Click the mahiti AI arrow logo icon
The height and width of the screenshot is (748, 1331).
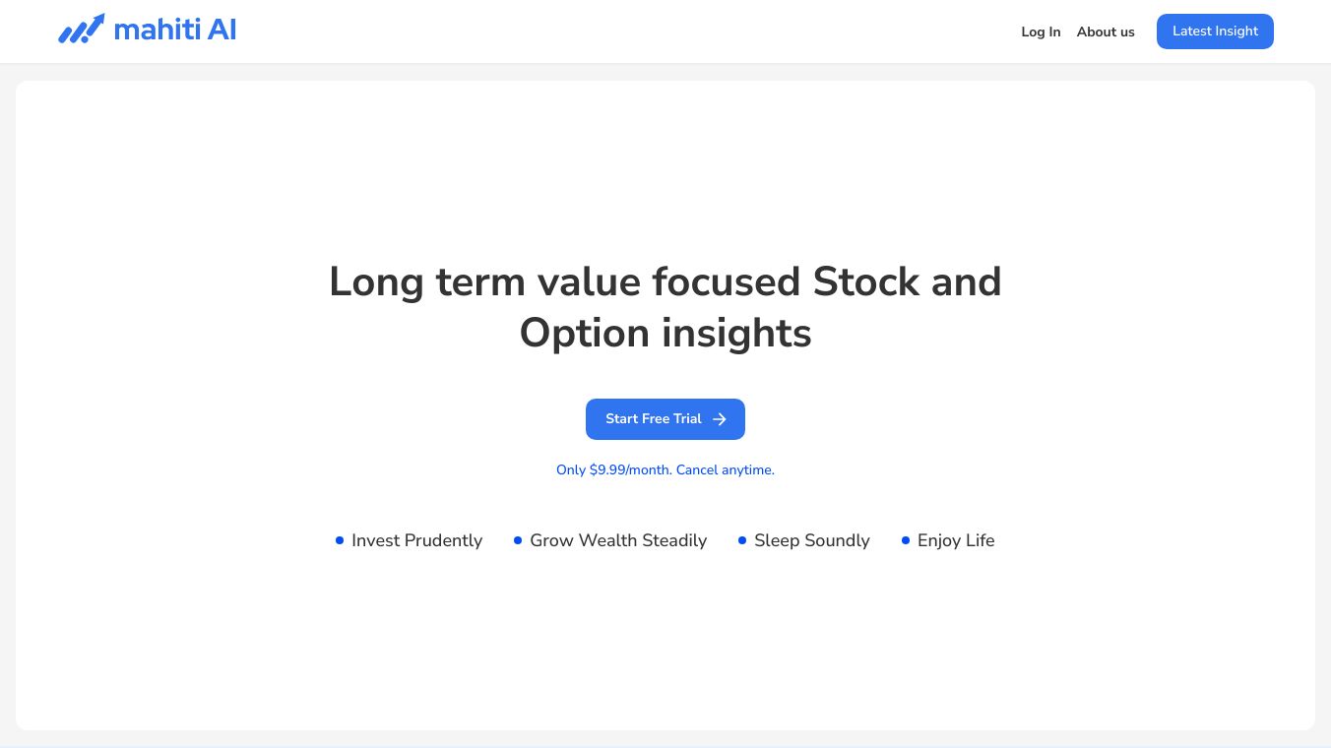[x=82, y=30]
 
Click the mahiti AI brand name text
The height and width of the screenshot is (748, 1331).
[x=174, y=30]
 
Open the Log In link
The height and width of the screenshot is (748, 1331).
[x=1041, y=32]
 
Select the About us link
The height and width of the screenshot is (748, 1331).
[x=1106, y=32]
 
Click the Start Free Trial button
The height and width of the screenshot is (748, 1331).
[x=665, y=419]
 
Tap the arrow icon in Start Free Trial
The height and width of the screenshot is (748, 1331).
[x=719, y=419]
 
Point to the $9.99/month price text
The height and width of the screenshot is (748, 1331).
[x=630, y=469]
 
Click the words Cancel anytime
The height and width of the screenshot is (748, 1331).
[x=725, y=469]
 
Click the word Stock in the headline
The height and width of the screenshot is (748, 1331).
[x=865, y=281]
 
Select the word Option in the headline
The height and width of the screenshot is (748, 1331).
[x=584, y=334]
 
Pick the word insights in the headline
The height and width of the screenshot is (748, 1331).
[x=736, y=334]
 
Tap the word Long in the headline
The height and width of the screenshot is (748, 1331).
[x=376, y=282]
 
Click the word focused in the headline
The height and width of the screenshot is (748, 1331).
[x=727, y=281]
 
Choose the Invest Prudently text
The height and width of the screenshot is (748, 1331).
[x=416, y=540]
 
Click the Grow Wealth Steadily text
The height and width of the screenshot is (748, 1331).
[x=618, y=540]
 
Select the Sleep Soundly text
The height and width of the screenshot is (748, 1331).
[x=811, y=540]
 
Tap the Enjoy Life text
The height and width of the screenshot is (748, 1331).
[x=956, y=540]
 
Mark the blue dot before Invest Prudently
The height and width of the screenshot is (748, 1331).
[x=340, y=540]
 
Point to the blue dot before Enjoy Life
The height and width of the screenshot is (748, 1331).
[x=905, y=540]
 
